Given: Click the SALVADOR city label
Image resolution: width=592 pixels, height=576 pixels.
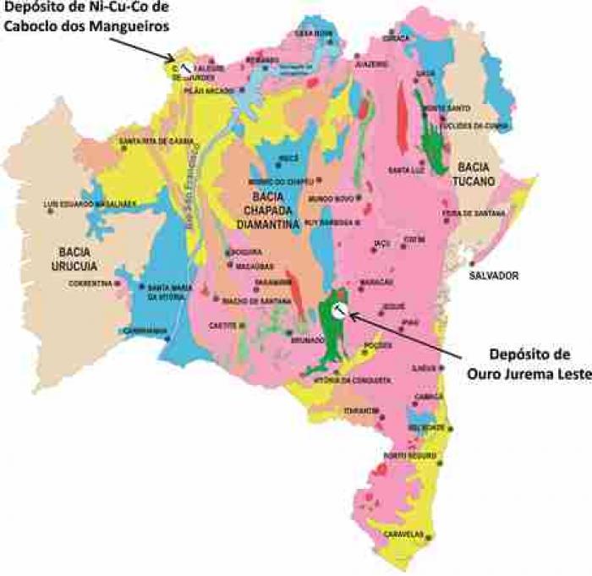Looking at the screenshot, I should (x=495, y=277).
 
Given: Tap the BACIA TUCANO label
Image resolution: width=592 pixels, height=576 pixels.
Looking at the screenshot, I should (x=475, y=173).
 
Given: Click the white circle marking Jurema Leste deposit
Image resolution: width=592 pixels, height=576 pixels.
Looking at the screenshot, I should (x=337, y=310).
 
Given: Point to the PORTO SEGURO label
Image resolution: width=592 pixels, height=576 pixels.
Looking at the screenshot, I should (x=407, y=456).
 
